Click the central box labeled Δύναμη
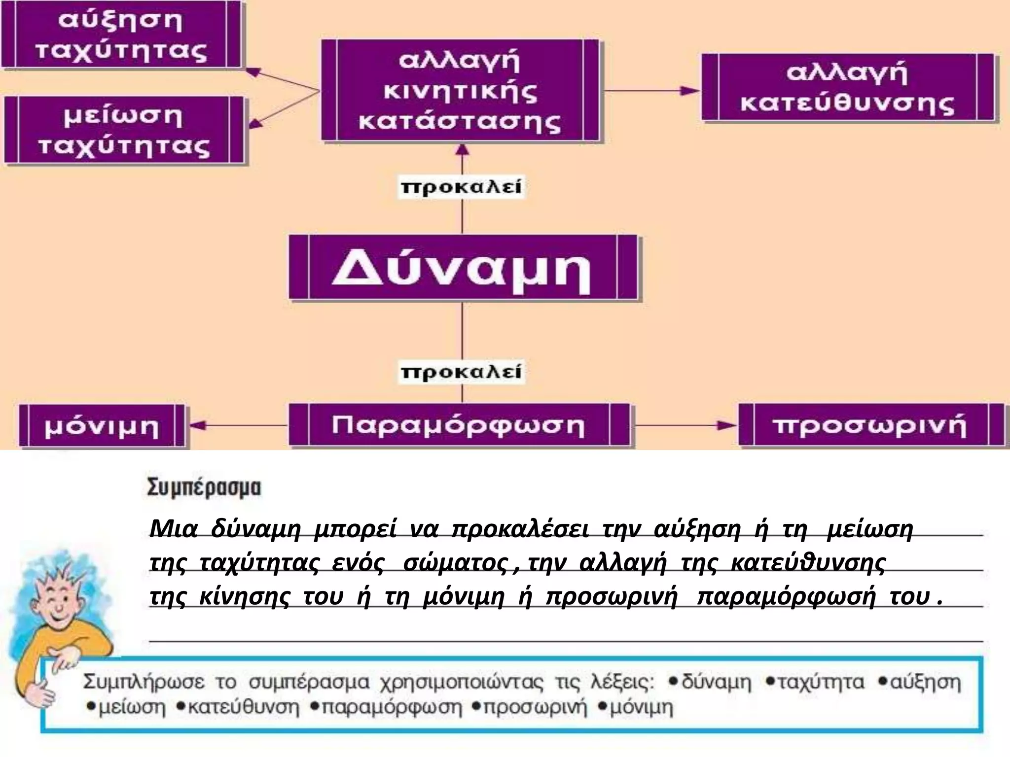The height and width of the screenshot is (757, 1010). tap(463, 268)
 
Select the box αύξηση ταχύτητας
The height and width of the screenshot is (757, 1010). tap(121, 35)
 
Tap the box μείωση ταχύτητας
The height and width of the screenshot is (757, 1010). tap(124, 131)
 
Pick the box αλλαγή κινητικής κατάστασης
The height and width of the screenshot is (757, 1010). tap(460, 91)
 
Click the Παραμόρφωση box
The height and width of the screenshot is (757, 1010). tap(459, 425)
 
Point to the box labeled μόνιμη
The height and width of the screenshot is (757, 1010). tap(102, 426)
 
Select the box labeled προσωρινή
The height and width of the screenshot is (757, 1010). tap(870, 425)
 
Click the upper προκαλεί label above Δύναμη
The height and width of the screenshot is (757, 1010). tap(461, 188)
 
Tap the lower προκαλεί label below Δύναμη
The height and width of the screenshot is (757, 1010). tap(461, 372)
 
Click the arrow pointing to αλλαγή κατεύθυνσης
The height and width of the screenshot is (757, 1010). tap(651, 91)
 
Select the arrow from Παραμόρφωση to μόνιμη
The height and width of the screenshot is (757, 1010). tap(237, 425)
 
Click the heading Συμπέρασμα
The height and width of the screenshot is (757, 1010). tap(204, 488)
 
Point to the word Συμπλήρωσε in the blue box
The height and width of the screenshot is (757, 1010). tap(144, 683)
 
